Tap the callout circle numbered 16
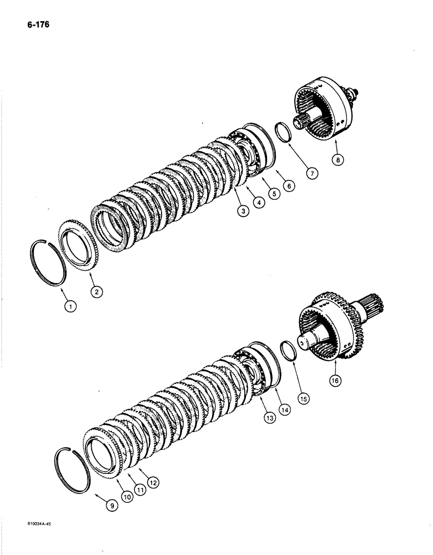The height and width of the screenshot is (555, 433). [336, 381]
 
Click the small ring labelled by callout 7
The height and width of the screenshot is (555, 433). [286, 134]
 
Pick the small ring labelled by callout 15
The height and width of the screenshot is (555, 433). [288, 352]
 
